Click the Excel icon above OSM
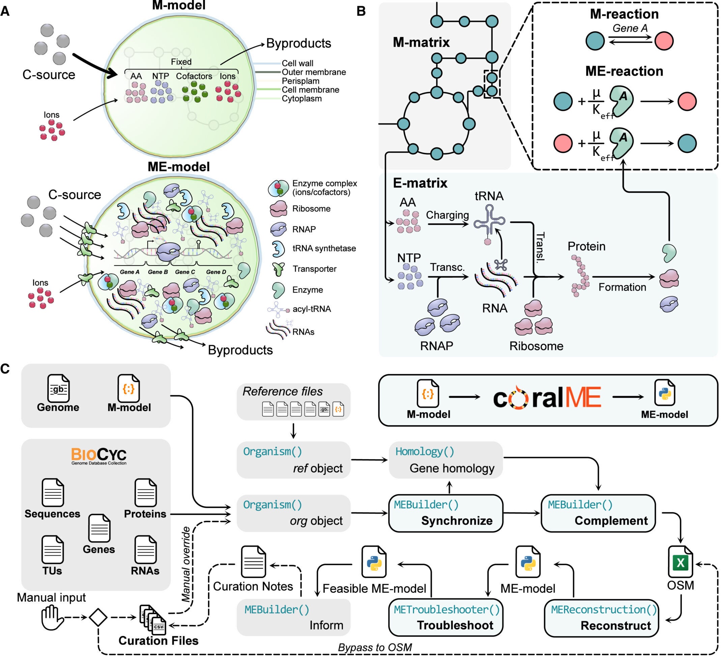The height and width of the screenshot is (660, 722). coord(680,563)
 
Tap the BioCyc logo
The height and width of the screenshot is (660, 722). coord(99,456)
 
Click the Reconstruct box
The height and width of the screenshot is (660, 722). coord(601,618)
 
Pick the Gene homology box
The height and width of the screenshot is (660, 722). coord(445,460)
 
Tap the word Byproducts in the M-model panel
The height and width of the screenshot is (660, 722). coord(298,43)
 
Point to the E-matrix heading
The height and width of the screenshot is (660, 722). coord(420,183)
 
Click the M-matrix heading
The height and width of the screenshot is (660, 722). coord(421,42)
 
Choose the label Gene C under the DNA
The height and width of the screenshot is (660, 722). coord(185,272)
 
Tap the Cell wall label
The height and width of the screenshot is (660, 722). coord(297,63)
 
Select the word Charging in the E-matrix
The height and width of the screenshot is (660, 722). coord(447,215)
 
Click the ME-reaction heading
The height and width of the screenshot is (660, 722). coord(624,71)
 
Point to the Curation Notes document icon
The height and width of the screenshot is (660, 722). coord(254,562)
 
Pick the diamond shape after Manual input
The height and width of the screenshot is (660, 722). coord(98,617)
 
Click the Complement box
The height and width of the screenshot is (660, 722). coord(598,513)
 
